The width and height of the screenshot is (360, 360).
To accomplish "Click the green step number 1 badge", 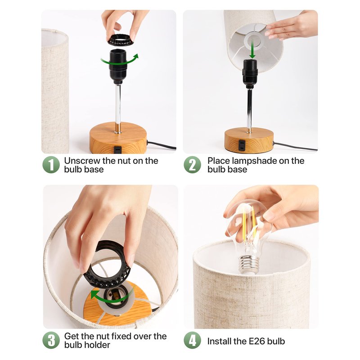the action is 51,165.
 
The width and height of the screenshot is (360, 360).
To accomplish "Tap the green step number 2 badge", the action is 193,165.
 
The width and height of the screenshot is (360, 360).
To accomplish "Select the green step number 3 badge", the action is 51,340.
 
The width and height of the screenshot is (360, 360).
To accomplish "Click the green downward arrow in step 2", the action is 252,49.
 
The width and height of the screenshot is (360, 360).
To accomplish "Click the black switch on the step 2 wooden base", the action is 241,145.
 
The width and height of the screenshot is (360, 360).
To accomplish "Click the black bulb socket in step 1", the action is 118,67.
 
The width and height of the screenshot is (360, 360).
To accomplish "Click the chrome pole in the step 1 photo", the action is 118,108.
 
